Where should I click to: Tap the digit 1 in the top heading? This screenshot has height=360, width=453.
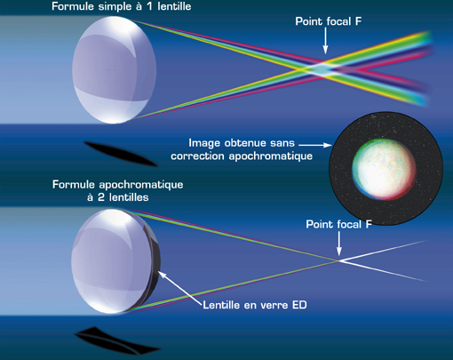coord(150,6)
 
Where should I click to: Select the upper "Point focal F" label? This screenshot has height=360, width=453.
coord(329,21)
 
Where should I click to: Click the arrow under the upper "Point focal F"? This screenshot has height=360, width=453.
coord(325,41)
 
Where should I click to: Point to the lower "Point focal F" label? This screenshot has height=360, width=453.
coord(338,224)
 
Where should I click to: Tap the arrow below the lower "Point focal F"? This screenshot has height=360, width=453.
coord(339,244)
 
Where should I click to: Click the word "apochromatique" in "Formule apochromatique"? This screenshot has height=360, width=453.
coord(141,185)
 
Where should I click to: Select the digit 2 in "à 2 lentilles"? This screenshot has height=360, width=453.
coord(101,197)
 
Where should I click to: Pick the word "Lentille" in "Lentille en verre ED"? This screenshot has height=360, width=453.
coord(222,305)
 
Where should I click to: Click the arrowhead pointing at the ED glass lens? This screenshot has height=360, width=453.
coord(162,275)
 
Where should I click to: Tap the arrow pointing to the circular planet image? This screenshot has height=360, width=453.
coord(315,145)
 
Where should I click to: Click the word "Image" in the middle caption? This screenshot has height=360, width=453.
coord(204,143)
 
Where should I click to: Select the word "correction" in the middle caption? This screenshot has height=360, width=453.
coord(197,156)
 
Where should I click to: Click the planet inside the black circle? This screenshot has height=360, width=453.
coord(384,169)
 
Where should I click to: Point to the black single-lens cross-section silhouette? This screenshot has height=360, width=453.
coord(120,154)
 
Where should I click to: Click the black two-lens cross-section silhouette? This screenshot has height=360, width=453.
coord(117,340)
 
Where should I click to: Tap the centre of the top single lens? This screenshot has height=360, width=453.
coord(115,69)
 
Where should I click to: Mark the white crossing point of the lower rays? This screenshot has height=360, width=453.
coord(338,260)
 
